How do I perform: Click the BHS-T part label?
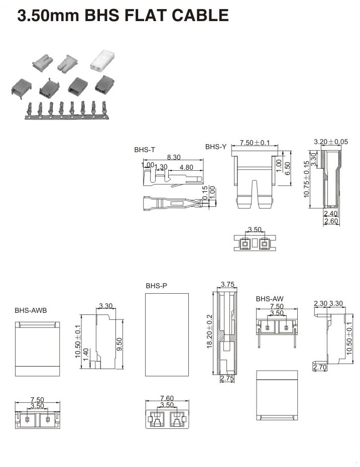point(145,150)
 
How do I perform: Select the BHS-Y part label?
point(216,147)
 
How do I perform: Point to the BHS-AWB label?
point(31,310)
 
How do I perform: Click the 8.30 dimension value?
point(174,157)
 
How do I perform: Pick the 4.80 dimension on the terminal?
point(186,167)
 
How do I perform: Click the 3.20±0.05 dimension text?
point(330,142)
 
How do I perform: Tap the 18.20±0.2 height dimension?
point(209,332)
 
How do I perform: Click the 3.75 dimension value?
point(227,284)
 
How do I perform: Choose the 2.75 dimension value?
point(227,379)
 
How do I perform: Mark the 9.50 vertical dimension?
point(119,343)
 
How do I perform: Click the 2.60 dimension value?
point(330,221)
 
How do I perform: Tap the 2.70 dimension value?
point(320,368)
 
